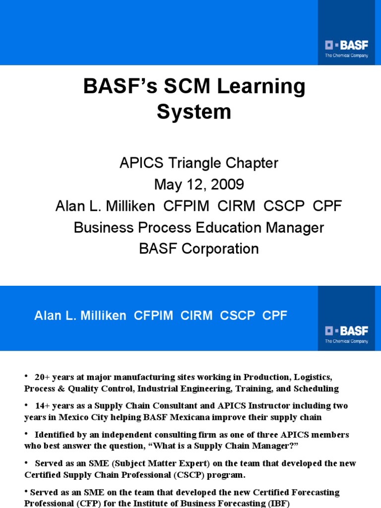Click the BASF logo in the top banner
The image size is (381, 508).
(x=347, y=46)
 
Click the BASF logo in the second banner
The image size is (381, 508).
(x=347, y=331)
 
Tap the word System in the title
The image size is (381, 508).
(x=194, y=112)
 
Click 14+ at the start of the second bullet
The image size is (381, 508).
(x=43, y=406)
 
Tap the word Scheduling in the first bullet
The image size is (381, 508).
(x=316, y=388)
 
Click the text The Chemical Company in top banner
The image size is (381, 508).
(x=346, y=56)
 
